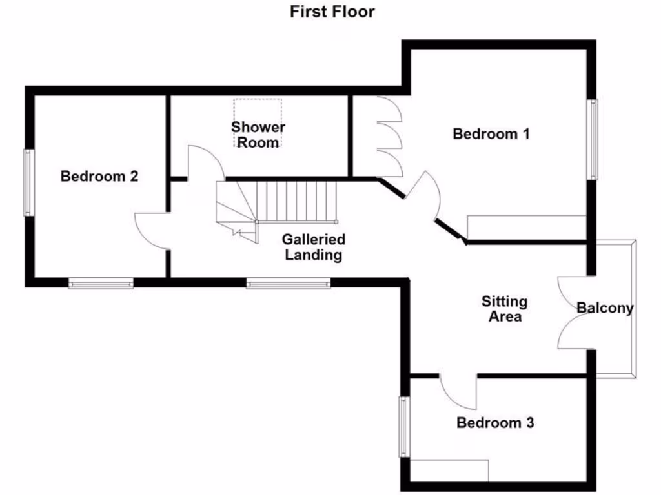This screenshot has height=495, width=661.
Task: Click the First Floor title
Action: (332, 12)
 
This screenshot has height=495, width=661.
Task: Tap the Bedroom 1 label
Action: (491, 134)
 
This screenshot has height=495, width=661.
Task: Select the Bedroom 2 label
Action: (99, 176)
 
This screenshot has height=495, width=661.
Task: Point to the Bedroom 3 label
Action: (495, 423)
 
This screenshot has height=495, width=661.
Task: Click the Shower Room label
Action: (258, 135)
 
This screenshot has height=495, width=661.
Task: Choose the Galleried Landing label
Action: (314, 247)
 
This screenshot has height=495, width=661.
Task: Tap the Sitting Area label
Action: (504, 309)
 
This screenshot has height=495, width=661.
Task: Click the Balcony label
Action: (605, 308)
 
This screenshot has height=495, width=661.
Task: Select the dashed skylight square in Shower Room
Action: (258, 122)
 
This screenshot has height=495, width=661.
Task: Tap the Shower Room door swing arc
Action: (205, 161)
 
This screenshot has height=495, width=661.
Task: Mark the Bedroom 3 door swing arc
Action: (458, 391)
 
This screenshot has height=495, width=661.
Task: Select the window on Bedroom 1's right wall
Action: (591, 139)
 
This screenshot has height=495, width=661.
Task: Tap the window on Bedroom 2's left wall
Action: (28, 182)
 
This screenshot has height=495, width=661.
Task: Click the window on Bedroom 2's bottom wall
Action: (101, 282)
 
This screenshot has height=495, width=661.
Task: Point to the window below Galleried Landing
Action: (289, 282)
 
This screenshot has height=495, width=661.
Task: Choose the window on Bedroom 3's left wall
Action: (404, 426)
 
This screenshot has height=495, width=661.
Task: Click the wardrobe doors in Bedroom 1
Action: (389, 137)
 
